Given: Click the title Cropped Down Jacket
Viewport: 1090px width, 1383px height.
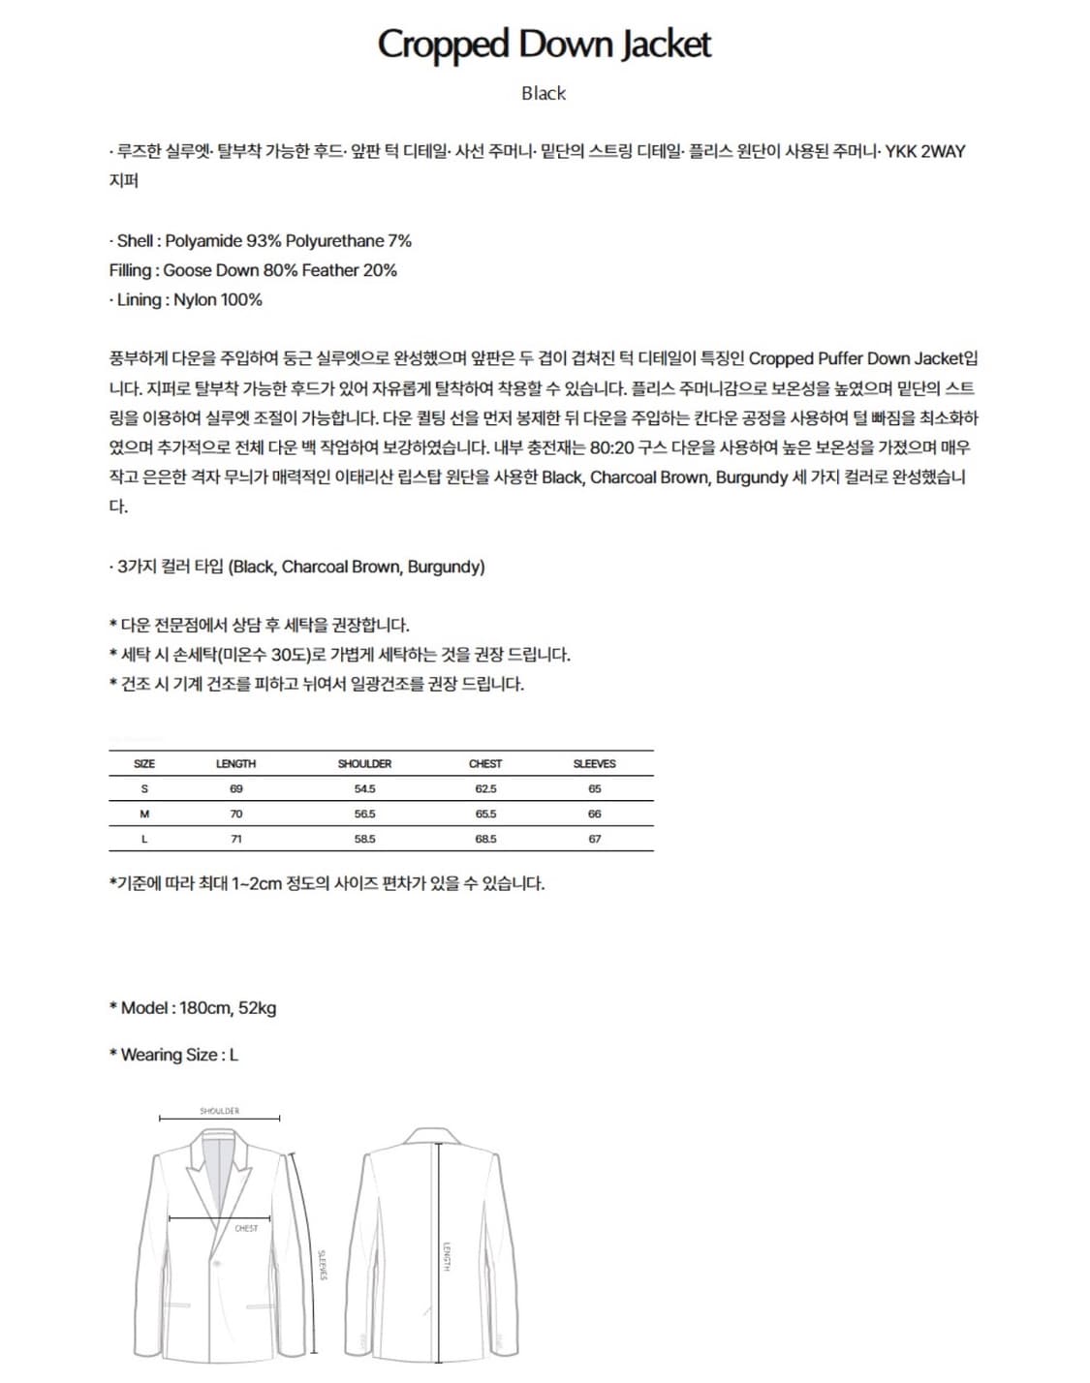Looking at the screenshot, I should pos(544,45).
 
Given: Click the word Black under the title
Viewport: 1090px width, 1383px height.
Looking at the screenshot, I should pos(544,93).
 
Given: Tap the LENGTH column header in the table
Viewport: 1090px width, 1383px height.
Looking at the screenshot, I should pos(235,763).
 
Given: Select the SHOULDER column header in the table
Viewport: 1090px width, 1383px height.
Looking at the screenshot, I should pos(364,763).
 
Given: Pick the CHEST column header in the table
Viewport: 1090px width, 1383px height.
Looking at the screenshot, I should pos(485,763).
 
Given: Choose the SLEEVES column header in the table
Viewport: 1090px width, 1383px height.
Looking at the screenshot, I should pos(594,763).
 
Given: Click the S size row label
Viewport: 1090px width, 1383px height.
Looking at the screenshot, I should pos(144,788).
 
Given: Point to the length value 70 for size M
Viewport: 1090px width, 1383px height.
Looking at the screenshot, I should pos(235,814).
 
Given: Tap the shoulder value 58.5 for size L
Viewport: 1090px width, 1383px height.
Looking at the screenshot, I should pos(364,839).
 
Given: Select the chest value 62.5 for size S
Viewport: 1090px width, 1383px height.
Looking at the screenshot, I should pos(485,788).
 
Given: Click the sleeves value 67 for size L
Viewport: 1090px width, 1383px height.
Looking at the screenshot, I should pos(594,839).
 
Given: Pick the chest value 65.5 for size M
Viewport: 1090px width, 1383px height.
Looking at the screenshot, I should pos(485,814).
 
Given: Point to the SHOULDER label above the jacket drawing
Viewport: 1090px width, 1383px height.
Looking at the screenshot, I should pos(219,1111).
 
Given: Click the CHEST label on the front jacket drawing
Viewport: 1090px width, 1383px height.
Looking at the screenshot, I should pos(246,1228).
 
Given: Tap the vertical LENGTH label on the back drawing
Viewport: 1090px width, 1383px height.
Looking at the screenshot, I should pos(447,1257).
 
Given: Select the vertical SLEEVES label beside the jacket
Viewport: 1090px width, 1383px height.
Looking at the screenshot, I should pos(323,1264).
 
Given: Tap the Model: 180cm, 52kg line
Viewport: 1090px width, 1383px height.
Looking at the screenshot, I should pos(193,1007).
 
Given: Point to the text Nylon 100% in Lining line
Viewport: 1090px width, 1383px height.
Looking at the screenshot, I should pos(218,299).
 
